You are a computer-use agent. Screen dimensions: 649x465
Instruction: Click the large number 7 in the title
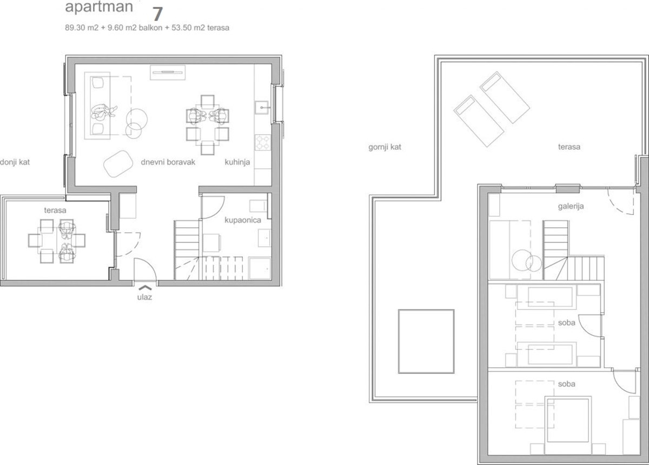pyautogui.click(x=157, y=14)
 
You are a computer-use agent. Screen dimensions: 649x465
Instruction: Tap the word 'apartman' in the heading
pyautogui.click(x=99, y=7)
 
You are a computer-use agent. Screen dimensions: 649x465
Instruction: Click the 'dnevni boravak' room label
pyautogui.click(x=168, y=162)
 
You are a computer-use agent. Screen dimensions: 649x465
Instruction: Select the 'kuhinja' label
pyautogui.click(x=237, y=162)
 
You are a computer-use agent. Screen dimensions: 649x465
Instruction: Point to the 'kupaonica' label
pyautogui.click(x=243, y=220)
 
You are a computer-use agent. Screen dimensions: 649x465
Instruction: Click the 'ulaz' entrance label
pyautogui.click(x=144, y=297)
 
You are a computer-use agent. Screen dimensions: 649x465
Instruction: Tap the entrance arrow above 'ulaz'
pyautogui.click(x=145, y=288)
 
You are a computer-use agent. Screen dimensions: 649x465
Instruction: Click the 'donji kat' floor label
pyautogui.click(x=15, y=162)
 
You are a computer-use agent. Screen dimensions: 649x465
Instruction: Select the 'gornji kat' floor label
pyautogui.click(x=385, y=147)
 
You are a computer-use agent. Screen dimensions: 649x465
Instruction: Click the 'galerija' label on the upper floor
pyautogui.click(x=571, y=207)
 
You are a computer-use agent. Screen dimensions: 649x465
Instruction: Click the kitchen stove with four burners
pyautogui.click(x=263, y=143)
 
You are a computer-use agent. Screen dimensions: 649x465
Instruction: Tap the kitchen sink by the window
pyautogui.click(x=262, y=108)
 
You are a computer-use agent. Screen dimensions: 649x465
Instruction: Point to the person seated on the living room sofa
pyautogui.click(x=102, y=112)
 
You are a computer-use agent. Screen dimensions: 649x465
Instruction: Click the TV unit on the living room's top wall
pyautogui.click(x=168, y=72)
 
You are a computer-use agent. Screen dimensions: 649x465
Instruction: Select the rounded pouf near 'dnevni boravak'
pyautogui.click(x=118, y=164)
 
